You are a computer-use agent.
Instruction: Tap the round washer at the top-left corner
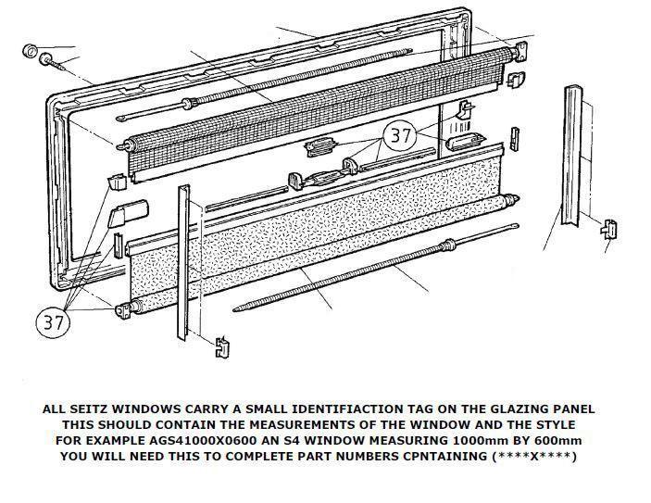tap(29, 48)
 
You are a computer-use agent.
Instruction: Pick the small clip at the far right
tap(610, 228)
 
